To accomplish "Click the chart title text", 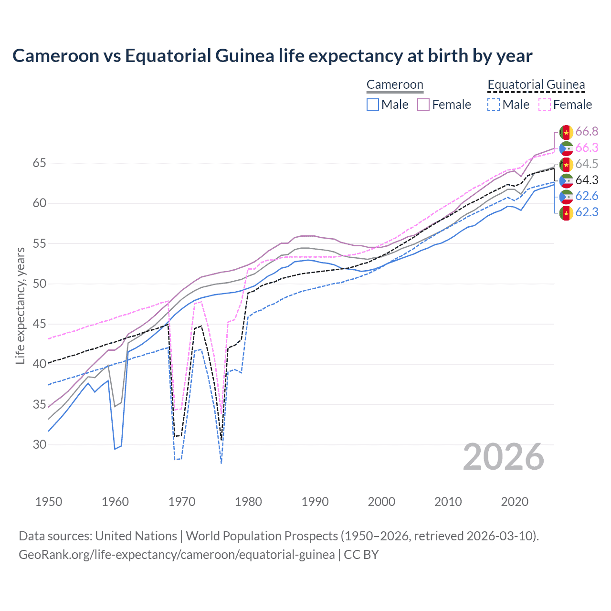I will tap(272, 56).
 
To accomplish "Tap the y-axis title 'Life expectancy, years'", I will tap(20, 305).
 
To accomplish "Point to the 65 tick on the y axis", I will tap(40, 163).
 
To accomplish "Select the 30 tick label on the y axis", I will tap(40, 444).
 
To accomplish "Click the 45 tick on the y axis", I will tap(40, 324).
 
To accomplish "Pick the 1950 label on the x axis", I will tap(49, 502).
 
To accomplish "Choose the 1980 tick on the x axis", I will tap(248, 502).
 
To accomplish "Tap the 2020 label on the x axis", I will tap(515, 502).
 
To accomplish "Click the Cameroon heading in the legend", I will tap(395, 85).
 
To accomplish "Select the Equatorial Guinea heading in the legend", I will tap(536, 85).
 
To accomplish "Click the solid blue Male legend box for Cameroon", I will tap(373, 105).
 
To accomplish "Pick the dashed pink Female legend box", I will tap(545, 105).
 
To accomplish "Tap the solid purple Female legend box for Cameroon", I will tap(423, 105).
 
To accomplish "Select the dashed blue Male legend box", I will tap(494, 105).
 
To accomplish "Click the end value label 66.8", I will tap(587, 132).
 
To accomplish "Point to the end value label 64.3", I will tap(587, 180).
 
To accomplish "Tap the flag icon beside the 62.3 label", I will tap(566, 212).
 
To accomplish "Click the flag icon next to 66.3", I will tap(566, 148).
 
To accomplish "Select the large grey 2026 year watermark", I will tap(503, 457).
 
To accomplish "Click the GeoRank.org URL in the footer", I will tap(177, 555).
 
